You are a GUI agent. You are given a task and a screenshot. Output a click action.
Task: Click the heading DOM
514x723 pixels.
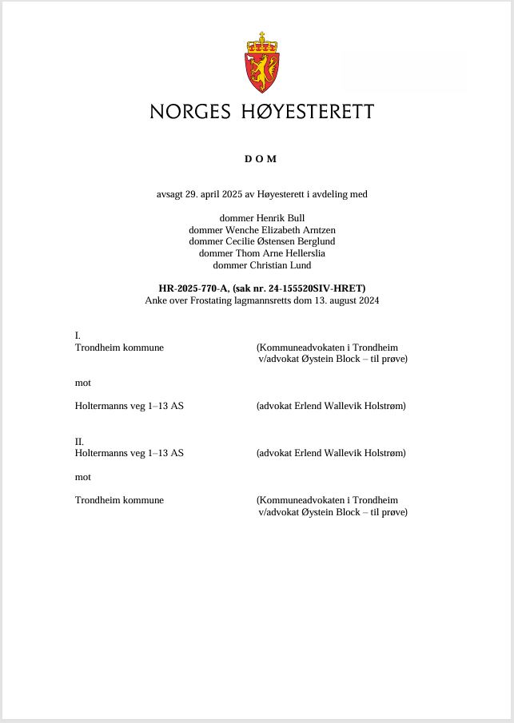[261, 159]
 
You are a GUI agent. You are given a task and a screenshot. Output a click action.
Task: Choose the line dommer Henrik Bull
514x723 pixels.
[262, 218]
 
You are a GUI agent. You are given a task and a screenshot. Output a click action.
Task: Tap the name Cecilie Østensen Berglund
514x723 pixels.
[281, 241]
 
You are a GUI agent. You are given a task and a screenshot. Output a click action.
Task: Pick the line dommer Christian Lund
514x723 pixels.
[262, 265]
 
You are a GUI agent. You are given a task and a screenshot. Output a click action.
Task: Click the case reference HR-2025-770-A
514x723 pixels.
[193, 288]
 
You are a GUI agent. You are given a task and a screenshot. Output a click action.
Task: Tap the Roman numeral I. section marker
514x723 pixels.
[78, 336]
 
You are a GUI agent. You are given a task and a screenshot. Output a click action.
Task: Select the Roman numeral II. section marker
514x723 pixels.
[79, 441]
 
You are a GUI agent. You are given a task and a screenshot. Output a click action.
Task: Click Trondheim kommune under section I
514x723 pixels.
[119, 348]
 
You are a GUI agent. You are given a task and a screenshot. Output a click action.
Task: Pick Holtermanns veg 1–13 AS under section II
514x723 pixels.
[129, 453]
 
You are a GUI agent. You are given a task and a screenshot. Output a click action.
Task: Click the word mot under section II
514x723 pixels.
[83, 477]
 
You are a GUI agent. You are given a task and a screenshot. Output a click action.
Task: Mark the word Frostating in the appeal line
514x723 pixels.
[212, 300]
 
